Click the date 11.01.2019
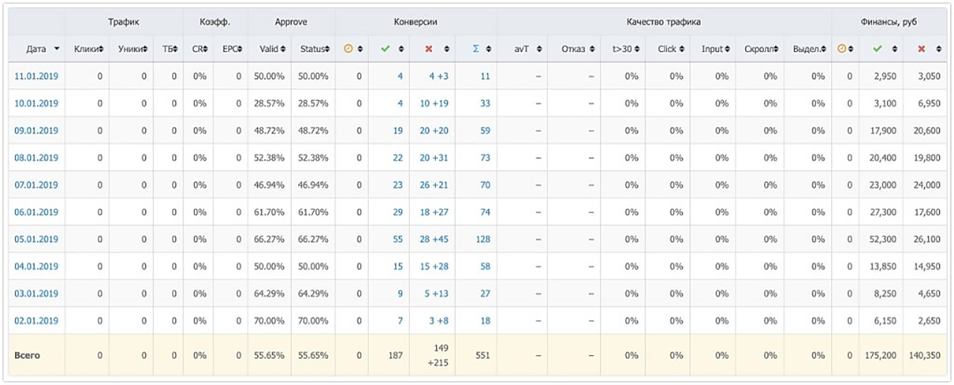(x=37, y=76)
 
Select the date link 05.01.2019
(x=37, y=240)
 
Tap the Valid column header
(x=269, y=49)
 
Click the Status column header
(x=312, y=49)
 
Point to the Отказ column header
(x=573, y=49)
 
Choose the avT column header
(x=521, y=49)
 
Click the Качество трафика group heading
(x=663, y=22)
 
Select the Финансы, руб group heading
(x=888, y=22)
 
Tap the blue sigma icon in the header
(x=476, y=48)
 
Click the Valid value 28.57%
(x=269, y=104)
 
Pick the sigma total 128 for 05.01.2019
(x=483, y=240)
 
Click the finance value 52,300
(x=882, y=240)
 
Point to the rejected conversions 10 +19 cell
(x=434, y=104)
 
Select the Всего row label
(x=28, y=356)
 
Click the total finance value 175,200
(x=880, y=356)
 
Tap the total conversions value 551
(x=483, y=356)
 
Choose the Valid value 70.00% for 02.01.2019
(x=269, y=321)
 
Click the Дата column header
(x=36, y=49)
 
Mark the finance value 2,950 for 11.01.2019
(x=885, y=76)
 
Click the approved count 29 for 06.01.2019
(x=398, y=213)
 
